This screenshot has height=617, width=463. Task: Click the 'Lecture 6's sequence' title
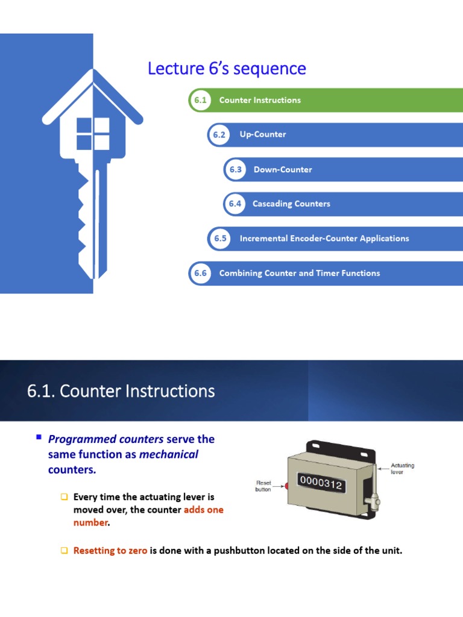pos(227,69)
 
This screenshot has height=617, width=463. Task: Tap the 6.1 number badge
pos(200,100)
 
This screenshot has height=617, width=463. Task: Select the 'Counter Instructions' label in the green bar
pos(260,100)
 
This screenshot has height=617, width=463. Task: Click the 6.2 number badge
pos(219,135)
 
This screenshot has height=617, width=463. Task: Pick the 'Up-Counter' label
pos(263,135)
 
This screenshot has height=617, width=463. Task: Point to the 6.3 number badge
pos(235,169)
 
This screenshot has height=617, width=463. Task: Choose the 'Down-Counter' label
pos(283,169)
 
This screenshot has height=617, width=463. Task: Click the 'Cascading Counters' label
pos(291,204)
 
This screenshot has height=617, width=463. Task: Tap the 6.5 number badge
pos(220,239)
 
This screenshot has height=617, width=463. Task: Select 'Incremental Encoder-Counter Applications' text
pos(324,239)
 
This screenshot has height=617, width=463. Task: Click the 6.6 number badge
pos(200,273)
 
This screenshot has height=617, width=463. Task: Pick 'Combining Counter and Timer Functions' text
pos(300,273)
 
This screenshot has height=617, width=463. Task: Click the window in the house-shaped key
pos(93,134)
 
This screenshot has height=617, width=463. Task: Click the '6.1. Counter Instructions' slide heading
pos(121,392)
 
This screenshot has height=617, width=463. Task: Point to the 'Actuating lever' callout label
pos(403,469)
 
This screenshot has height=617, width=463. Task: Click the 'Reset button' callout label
pos(264,486)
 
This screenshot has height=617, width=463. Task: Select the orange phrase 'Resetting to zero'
pos(110,551)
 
